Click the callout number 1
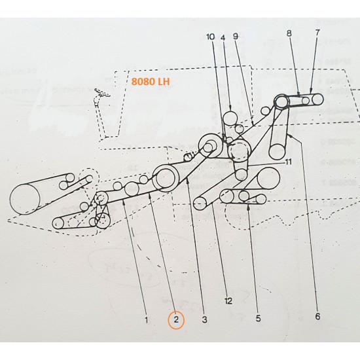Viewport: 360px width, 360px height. (147, 320)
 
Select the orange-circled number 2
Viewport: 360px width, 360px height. (175, 320)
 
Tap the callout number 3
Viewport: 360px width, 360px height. (204, 319)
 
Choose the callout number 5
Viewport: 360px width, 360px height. (258, 318)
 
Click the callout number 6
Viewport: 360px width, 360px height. (317, 317)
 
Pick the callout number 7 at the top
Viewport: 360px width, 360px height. (318, 32)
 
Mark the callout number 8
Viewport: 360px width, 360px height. (289, 32)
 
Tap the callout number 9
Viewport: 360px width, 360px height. (236, 37)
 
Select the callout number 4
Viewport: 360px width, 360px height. (210, 37)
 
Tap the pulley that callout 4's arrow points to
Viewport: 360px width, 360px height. (230, 118)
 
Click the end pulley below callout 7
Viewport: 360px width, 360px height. (317, 99)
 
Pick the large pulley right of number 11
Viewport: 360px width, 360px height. (268, 178)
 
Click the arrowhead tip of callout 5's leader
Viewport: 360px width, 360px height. (248, 205)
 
